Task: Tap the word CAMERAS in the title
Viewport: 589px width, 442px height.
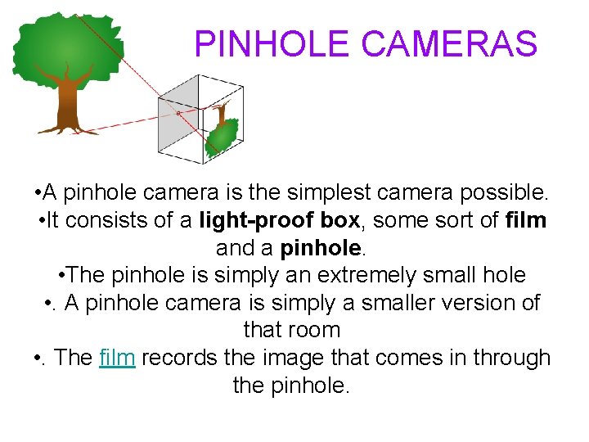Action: pyautogui.click(x=449, y=44)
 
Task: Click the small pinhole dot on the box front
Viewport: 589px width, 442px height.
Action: pyautogui.click(x=179, y=112)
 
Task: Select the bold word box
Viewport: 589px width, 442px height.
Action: pyautogui.click(x=339, y=221)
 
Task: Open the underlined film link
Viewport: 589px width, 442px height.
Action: pyautogui.click(x=117, y=359)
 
